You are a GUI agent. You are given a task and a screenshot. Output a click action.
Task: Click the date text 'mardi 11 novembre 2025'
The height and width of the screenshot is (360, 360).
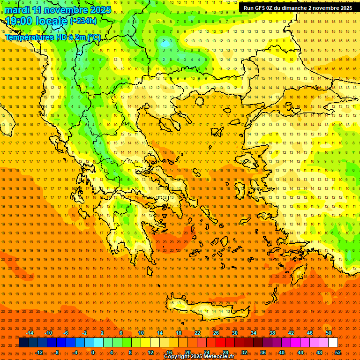coord(58,10)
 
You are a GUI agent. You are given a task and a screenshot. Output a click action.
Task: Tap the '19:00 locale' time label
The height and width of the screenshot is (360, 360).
coord(37,21)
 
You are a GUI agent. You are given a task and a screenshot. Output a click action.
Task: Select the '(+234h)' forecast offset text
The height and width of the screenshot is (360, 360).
coord(83,21)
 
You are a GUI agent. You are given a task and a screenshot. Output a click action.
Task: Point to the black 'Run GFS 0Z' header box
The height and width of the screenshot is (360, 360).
coord(298,8)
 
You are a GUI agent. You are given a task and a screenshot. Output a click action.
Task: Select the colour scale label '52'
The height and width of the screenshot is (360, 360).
coord(338,352)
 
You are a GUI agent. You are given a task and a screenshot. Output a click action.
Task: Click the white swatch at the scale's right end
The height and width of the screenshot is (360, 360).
coord(333,343)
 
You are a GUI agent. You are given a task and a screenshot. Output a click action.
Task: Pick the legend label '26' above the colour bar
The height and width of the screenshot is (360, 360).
coord(216,333)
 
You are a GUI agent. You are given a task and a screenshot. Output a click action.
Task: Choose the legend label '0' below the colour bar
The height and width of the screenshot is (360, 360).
coord(93,352)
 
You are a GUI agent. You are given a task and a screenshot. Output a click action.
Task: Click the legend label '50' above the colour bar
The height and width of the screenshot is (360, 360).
coord(329,333)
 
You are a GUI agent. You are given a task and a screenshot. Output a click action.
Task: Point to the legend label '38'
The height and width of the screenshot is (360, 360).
coord(272,333)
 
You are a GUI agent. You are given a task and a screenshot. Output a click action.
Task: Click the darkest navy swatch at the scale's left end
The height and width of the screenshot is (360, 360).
coord(23,343)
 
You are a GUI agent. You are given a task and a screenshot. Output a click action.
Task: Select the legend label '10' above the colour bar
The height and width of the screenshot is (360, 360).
coord(141,333)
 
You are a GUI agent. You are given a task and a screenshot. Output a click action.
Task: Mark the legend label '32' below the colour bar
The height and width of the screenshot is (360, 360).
coord(244,352)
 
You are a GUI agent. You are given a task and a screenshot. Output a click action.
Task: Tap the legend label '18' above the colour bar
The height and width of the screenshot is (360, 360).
coord(179,333)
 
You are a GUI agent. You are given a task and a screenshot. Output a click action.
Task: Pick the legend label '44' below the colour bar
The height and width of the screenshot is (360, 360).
coord(300,352)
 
